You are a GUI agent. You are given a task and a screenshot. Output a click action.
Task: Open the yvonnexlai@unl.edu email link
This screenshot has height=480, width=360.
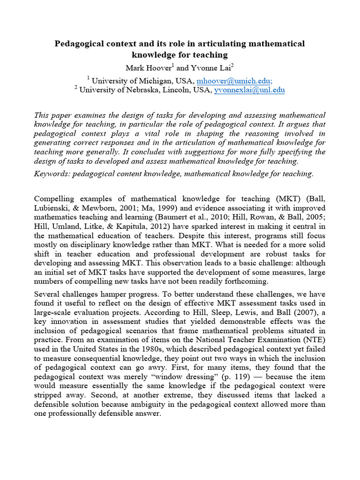[x=249, y=90]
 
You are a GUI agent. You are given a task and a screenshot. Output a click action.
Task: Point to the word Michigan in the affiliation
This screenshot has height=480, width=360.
[x=153, y=80]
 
